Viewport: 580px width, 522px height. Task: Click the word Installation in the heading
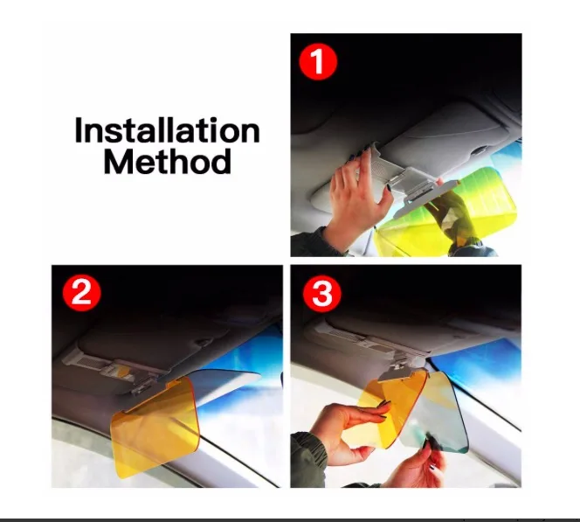click(x=167, y=130)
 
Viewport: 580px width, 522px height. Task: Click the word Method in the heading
click(x=167, y=161)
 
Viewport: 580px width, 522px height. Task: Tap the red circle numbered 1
click(x=318, y=61)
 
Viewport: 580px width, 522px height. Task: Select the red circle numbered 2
click(x=81, y=294)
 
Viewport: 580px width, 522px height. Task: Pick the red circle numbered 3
click(x=321, y=294)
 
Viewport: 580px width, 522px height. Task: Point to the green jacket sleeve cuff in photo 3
click(x=309, y=456)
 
